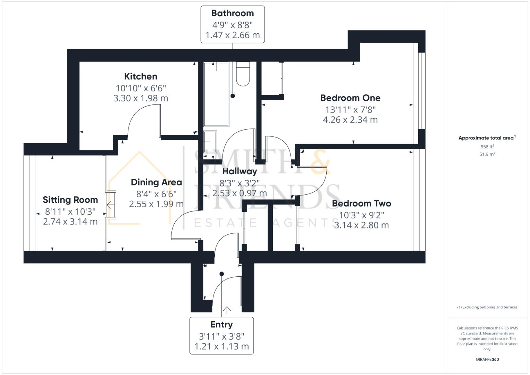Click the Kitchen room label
point(141,76)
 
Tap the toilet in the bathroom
point(243,74)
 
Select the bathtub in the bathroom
point(216,94)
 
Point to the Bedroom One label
point(350,98)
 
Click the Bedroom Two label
point(361,203)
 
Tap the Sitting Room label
point(70,200)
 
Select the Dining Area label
point(156,182)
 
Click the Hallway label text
point(239,171)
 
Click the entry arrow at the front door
point(227,310)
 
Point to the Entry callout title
point(221,325)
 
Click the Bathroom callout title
point(233,13)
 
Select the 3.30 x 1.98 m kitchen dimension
point(141,98)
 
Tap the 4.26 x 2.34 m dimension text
point(350,120)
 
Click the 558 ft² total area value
point(487,147)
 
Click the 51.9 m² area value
point(487,154)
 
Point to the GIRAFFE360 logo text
point(487,359)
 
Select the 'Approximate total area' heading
point(487,138)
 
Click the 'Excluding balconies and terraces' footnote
point(487,307)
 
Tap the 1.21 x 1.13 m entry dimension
point(221,347)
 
